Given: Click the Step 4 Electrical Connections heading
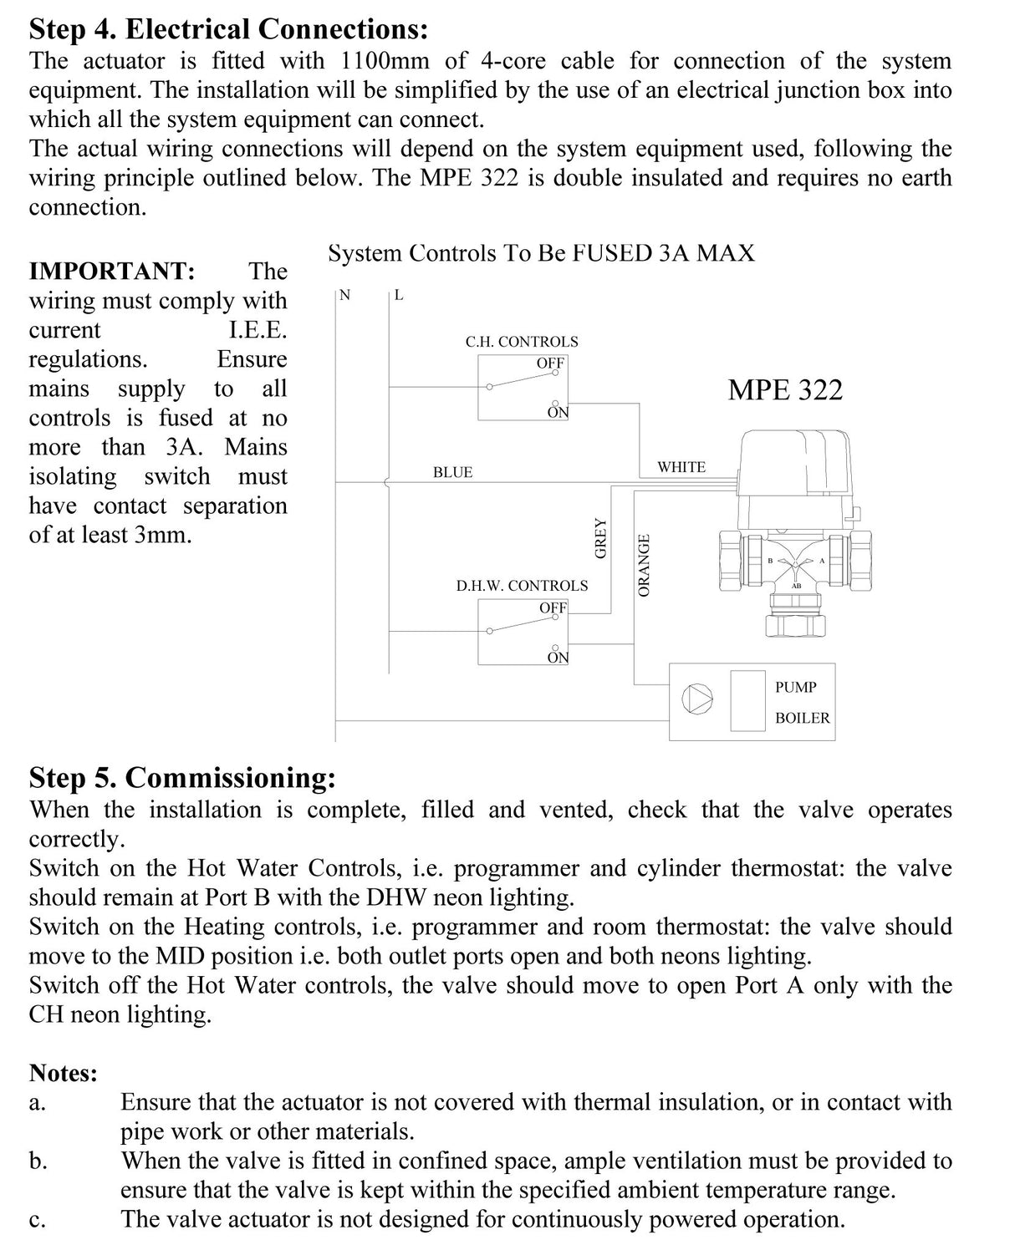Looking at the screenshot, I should (228, 29).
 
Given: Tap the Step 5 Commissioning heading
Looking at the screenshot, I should (182, 777).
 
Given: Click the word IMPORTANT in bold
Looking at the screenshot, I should (112, 271).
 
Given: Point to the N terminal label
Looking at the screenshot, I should (345, 294).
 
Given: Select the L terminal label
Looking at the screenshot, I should (399, 294).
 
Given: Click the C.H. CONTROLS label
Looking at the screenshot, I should (522, 342).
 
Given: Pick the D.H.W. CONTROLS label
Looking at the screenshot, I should (522, 586).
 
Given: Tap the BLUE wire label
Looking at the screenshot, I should (452, 473).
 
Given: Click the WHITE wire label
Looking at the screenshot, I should (681, 467).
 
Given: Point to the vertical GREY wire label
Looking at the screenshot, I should (600, 538).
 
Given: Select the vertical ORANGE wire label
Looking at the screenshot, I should (644, 566).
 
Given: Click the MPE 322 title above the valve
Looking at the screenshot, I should (785, 390).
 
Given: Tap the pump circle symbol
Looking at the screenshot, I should (699, 699).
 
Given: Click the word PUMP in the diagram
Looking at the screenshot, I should (795, 687).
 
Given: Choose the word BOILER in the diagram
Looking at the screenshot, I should (803, 718).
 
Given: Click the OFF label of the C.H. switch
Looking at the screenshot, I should (550, 363).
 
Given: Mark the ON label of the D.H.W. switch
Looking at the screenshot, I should (558, 658).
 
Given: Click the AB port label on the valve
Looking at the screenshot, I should (796, 586).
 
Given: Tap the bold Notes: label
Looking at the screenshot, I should (64, 1073).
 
